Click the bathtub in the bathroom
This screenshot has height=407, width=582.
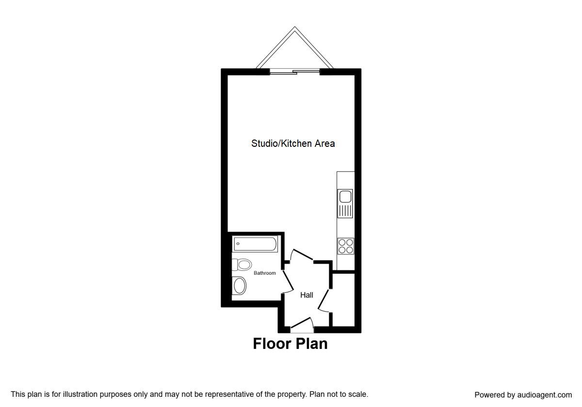click(255, 244)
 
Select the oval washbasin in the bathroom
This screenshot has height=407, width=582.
click(240, 285)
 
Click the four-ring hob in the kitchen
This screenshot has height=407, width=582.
click(346, 247)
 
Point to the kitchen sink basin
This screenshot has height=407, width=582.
click(346, 197)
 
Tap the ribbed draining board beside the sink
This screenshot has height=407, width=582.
click(346, 210)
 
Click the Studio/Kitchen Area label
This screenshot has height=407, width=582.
click(293, 143)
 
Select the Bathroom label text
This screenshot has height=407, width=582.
click(265, 273)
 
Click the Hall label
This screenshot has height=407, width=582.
click(307, 295)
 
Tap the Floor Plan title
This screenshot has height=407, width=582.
click(290, 344)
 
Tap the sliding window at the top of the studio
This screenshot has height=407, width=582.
click(295, 72)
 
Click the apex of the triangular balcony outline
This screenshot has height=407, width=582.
click(294, 28)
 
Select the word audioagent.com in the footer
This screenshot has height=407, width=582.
click(544, 395)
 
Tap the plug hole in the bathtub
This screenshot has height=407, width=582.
click(238, 244)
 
